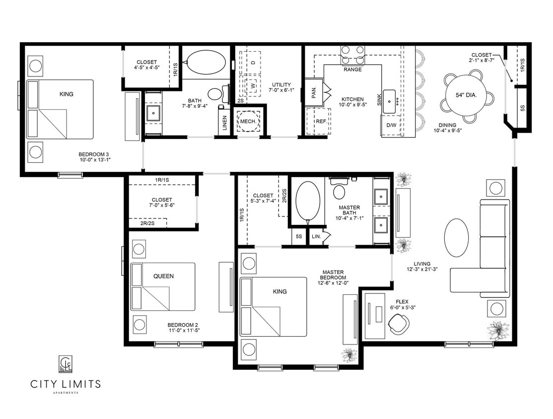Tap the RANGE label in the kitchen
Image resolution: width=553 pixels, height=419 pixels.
[352, 70]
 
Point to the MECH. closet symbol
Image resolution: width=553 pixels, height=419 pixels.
[248, 121]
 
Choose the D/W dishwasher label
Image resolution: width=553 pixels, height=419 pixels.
[391, 125]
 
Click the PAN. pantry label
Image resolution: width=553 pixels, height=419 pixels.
[314, 93]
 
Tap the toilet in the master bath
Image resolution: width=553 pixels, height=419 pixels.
[340, 191]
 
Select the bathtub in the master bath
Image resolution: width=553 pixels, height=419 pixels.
[308, 201]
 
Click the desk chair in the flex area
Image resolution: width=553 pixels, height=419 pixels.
[399, 325]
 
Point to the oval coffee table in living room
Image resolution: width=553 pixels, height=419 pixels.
[456, 238]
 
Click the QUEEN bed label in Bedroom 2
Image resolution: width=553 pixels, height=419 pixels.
[163, 276]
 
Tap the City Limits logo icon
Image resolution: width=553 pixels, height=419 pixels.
[66, 365]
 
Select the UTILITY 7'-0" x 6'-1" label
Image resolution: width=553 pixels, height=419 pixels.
[281, 88]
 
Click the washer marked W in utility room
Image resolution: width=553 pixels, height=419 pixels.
[252, 85]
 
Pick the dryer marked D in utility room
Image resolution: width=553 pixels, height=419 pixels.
[252, 62]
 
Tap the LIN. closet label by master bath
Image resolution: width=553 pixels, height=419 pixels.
[316, 237]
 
